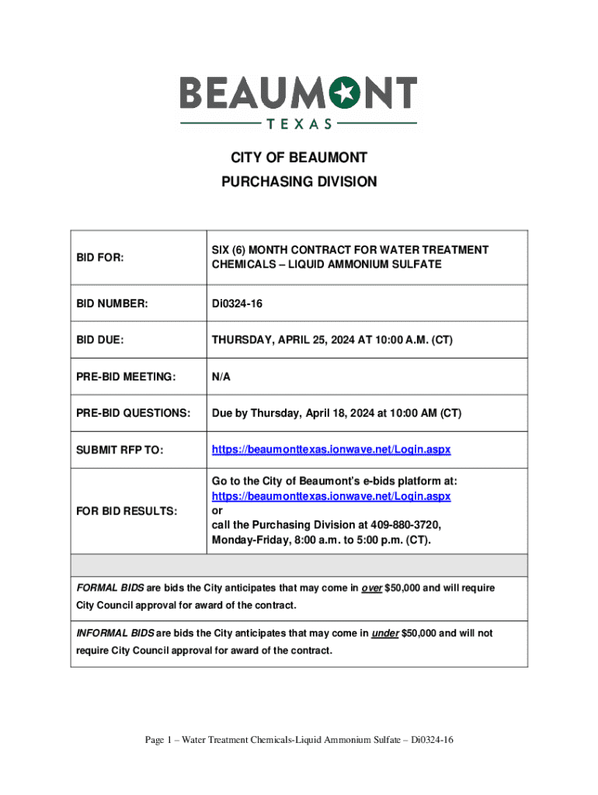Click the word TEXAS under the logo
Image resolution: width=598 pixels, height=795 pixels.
(x=299, y=123)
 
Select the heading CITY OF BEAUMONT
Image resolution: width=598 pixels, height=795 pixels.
(x=299, y=158)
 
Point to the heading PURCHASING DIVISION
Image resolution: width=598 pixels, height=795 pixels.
(x=299, y=182)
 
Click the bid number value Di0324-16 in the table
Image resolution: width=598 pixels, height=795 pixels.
(x=237, y=304)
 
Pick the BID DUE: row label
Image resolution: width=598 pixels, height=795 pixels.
(x=100, y=340)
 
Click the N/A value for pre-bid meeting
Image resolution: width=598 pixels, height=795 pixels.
(x=221, y=377)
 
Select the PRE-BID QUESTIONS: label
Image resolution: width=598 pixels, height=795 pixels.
(x=132, y=414)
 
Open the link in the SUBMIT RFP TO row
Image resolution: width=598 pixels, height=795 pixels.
(x=332, y=450)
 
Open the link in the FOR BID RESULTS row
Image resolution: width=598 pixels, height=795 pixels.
(x=332, y=495)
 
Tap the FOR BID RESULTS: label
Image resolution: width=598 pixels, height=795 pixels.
(x=127, y=511)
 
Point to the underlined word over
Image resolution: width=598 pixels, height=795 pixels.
(x=372, y=588)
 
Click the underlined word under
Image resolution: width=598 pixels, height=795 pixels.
(x=386, y=634)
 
